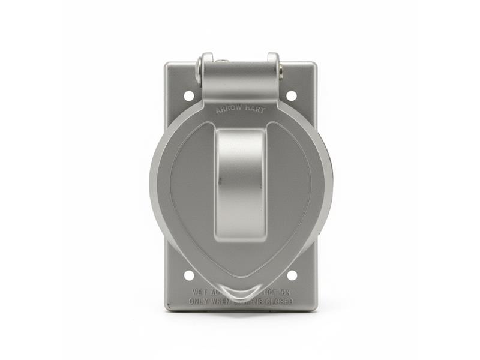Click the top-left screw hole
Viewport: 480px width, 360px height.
(188, 95)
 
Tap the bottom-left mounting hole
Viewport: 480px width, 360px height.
(188, 275)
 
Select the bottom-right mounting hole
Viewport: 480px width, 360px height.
(292, 275)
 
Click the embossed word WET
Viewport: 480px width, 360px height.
(200, 293)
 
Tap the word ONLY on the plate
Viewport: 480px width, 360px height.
(200, 301)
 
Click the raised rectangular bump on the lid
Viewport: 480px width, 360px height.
(240, 183)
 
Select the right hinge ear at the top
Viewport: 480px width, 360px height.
(273, 66)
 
